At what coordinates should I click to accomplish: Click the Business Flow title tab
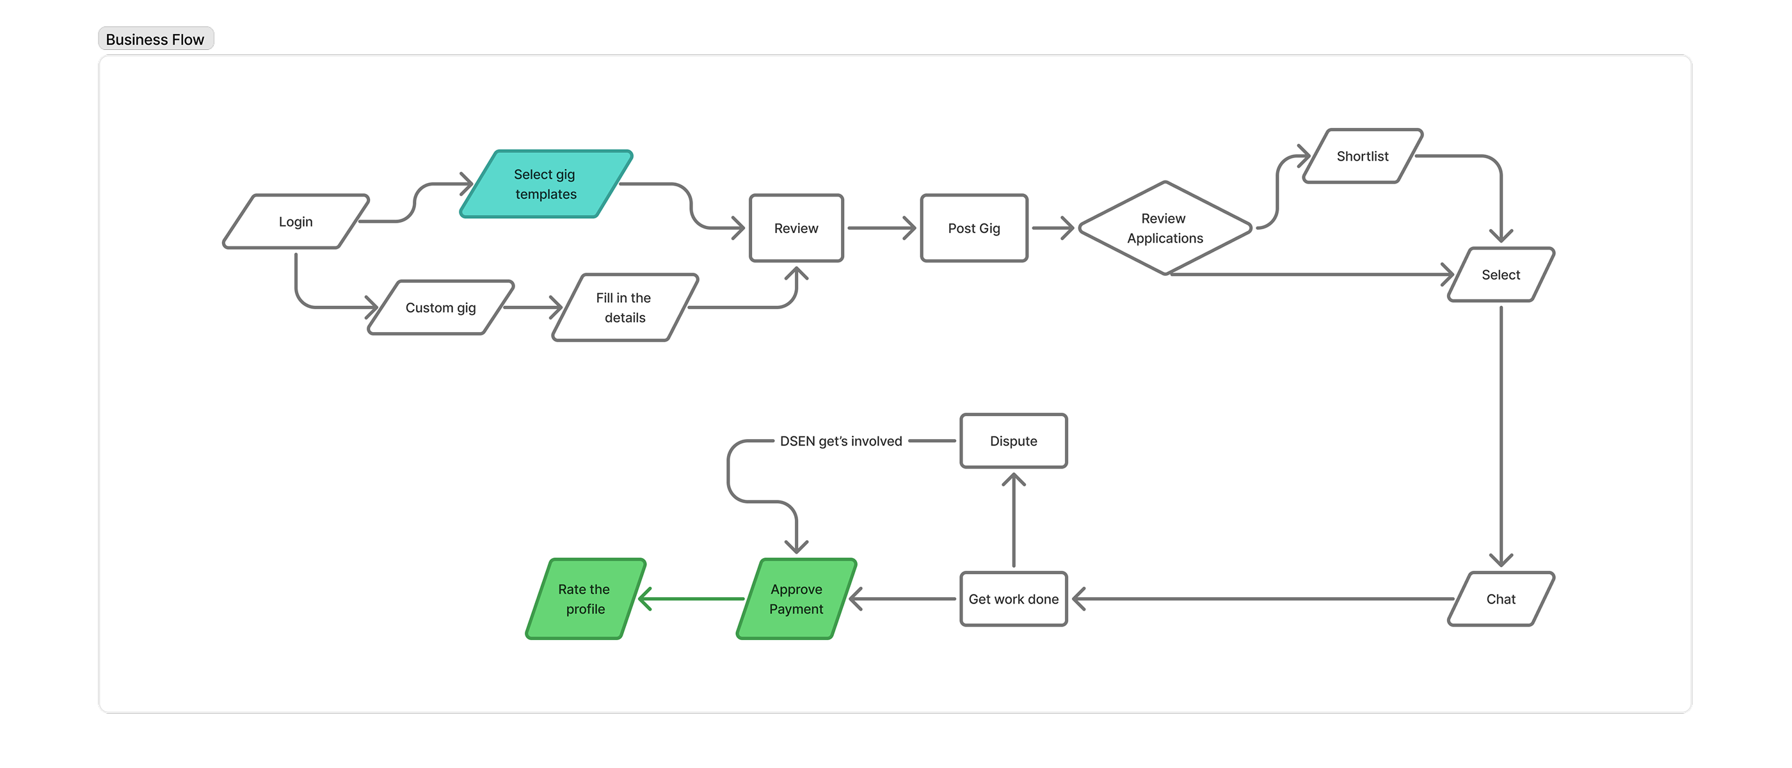[x=155, y=39]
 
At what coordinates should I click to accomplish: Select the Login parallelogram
[x=296, y=221]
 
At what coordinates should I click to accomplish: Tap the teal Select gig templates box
[x=546, y=184]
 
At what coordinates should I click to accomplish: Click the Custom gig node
[x=440, y=307]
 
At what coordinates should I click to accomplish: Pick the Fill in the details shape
[x=624, y=307]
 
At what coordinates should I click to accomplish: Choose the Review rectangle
[x=796, y=228]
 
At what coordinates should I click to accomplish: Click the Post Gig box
[x=973, y=228]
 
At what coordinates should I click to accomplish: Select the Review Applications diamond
[x=1165, y=228]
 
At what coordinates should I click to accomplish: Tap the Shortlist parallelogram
[x=1362, y=156]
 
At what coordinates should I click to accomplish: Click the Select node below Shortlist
[x=1501, y=275]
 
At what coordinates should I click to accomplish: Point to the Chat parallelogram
[x=1501, y=599]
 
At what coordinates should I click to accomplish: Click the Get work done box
[x=1013, y=599]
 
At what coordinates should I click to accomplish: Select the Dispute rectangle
[x=1013, y=441]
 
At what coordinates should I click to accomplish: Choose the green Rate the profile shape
[x=585, y=599]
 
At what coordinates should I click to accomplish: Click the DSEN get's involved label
[x=840, y=441]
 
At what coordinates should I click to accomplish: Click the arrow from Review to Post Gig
[x=881, y=228]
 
